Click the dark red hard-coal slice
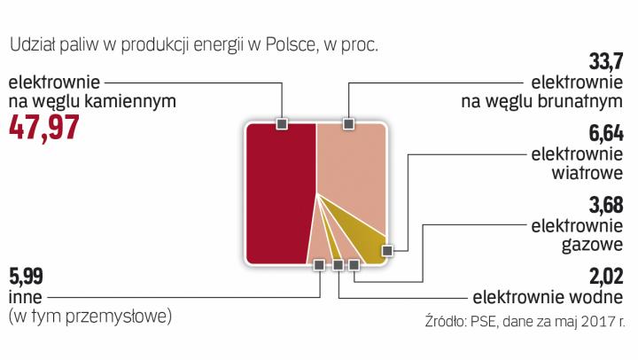[279, 195]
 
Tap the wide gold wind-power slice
[372, 235]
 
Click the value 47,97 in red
[44, 129]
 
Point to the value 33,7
[606, 61]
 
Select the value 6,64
[606, 134]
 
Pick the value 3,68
[606, 204]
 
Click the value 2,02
[606, 275]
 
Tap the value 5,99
[25, 275]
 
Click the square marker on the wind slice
[386, 251]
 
